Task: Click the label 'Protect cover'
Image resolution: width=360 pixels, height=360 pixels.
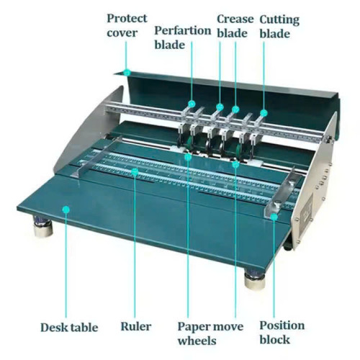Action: coord(127,25)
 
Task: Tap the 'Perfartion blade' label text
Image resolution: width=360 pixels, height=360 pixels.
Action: coord(183,37)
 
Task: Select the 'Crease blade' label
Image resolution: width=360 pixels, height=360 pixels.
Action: coord(235,26)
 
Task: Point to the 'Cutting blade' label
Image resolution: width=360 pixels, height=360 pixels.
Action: coord(279,27)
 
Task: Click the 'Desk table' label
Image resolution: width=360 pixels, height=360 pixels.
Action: coord(69,328)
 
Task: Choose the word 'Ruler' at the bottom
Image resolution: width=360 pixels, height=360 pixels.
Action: coord(136,326)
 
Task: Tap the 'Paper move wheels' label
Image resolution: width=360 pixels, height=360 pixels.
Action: coord(210,333)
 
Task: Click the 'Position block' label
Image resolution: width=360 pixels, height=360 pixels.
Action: coord(282,333)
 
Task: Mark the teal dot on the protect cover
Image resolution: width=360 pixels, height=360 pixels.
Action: coord(127,72)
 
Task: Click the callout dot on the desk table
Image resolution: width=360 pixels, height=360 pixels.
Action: coord(66,210)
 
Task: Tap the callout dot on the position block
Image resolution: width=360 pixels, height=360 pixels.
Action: coord(274,217)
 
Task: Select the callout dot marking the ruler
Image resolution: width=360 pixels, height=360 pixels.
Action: coord(135,171)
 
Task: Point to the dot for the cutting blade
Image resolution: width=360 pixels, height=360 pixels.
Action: coord(264,113)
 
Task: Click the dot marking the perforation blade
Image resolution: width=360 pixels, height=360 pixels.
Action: coord(192,104)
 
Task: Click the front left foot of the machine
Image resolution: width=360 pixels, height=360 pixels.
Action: coord(42,226)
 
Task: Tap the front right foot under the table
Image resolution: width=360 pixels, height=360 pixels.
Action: coord(255,279)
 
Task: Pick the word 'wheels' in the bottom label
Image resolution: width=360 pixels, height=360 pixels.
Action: coord(197,341)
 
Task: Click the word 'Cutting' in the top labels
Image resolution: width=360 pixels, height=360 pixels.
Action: coord(279,20)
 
